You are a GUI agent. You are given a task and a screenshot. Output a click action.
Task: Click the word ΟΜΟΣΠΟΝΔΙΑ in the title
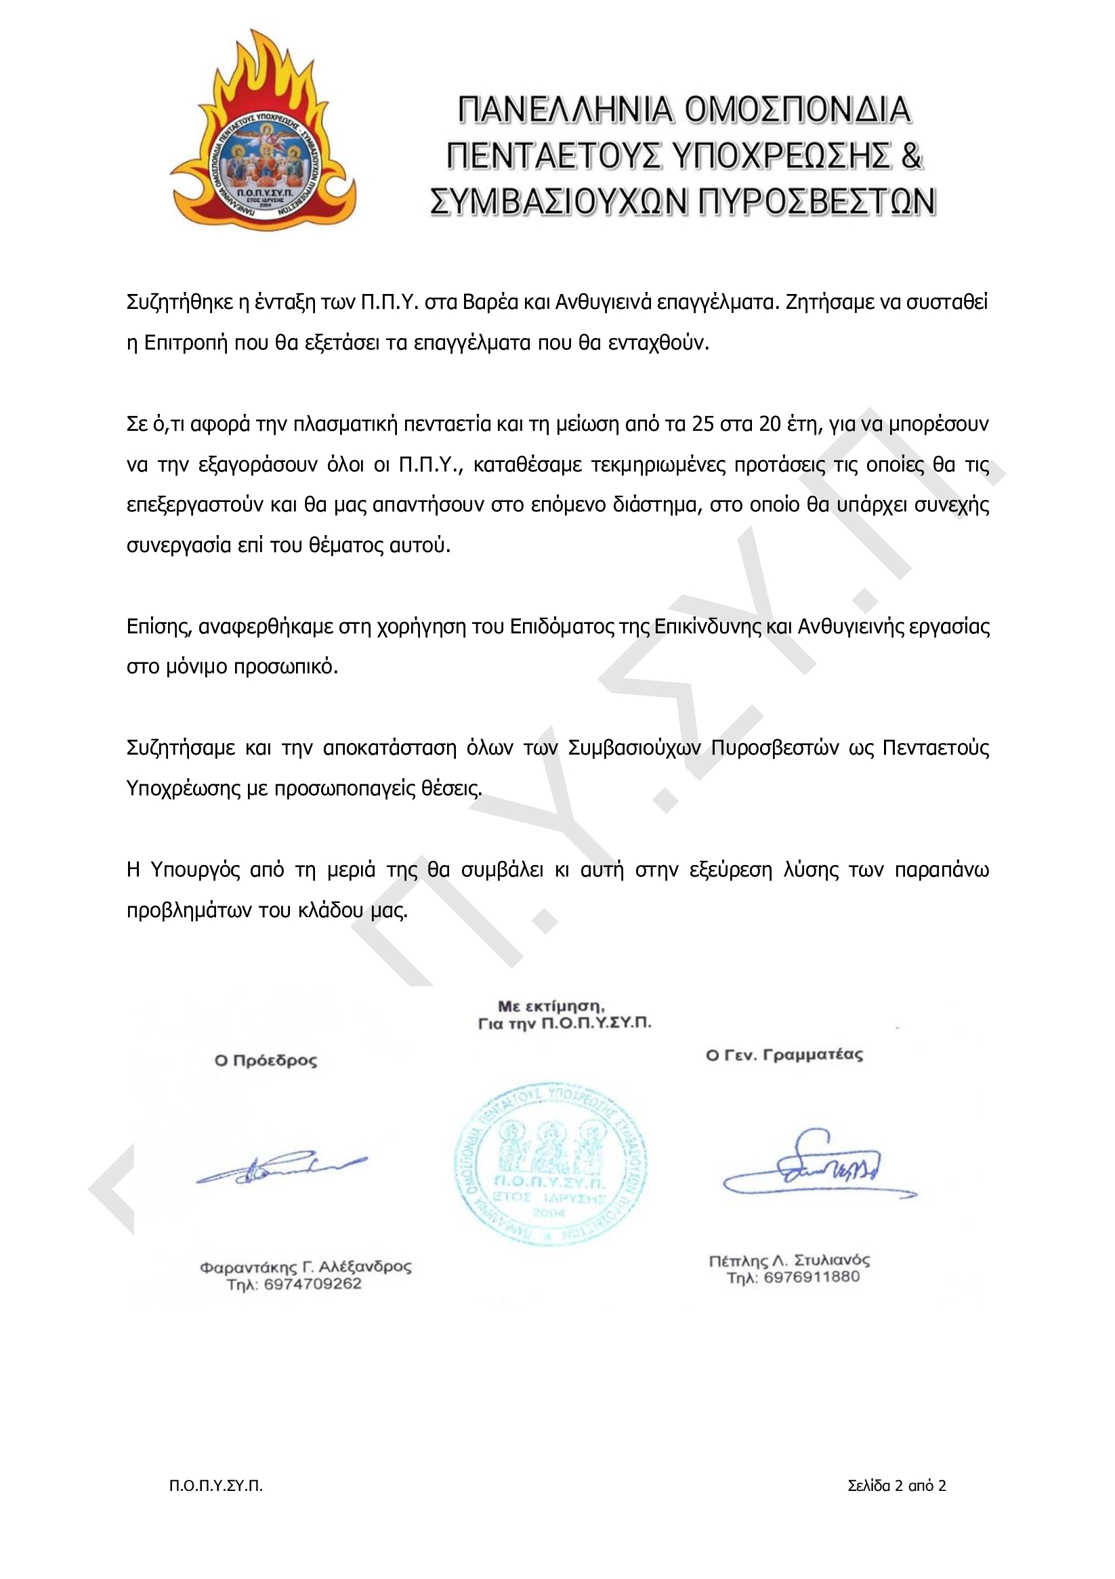[798, 110]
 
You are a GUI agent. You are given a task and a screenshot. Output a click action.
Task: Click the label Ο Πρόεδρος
[266, 1061]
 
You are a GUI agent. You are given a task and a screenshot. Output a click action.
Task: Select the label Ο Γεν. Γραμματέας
[784, 1055]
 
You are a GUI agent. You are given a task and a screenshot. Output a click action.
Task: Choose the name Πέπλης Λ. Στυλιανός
[789, 1261]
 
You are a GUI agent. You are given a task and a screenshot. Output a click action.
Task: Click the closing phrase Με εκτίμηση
[551, 1007]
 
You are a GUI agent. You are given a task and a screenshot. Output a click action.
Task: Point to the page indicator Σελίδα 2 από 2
[897, 1486]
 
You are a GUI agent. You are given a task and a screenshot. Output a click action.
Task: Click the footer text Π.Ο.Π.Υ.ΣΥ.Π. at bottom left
[216, 1486]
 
